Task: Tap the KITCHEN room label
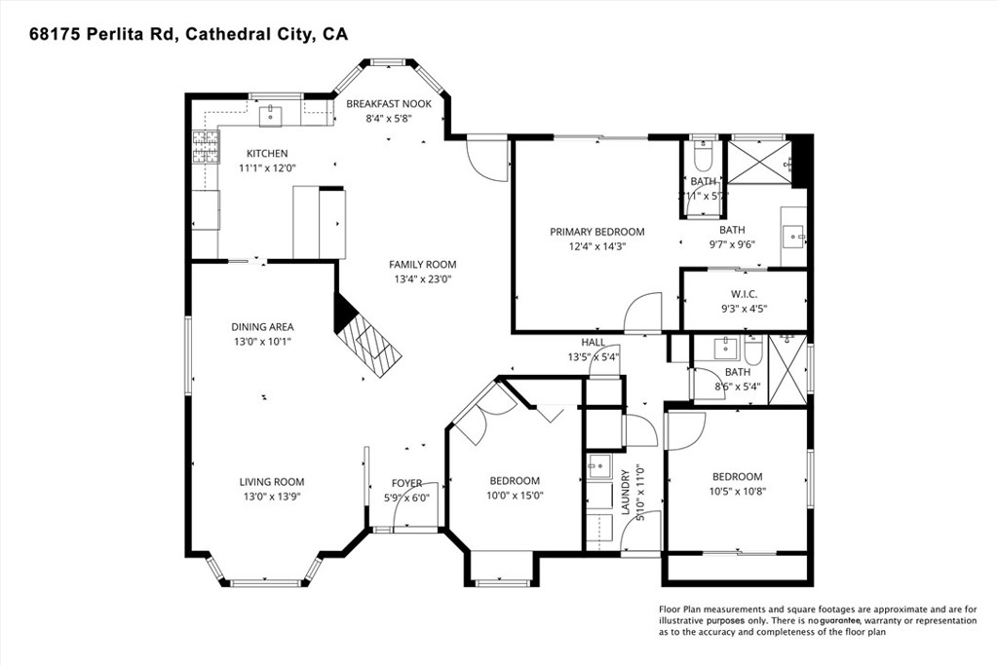point(266,154)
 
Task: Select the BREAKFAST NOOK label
point(389,104)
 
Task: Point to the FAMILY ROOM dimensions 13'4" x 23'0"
point(422,279)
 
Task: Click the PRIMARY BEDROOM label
point(596,232)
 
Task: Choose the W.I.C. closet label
point(744,294)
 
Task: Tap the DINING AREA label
point(262,327)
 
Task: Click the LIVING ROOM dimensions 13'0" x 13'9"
point(272,497)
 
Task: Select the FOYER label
point(406,483)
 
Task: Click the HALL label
point(593,343)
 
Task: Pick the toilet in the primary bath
point(703,158)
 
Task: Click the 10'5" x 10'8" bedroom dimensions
point(736,491)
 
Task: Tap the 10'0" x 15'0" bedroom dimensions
point(515,495)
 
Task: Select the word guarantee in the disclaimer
point(845,620)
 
